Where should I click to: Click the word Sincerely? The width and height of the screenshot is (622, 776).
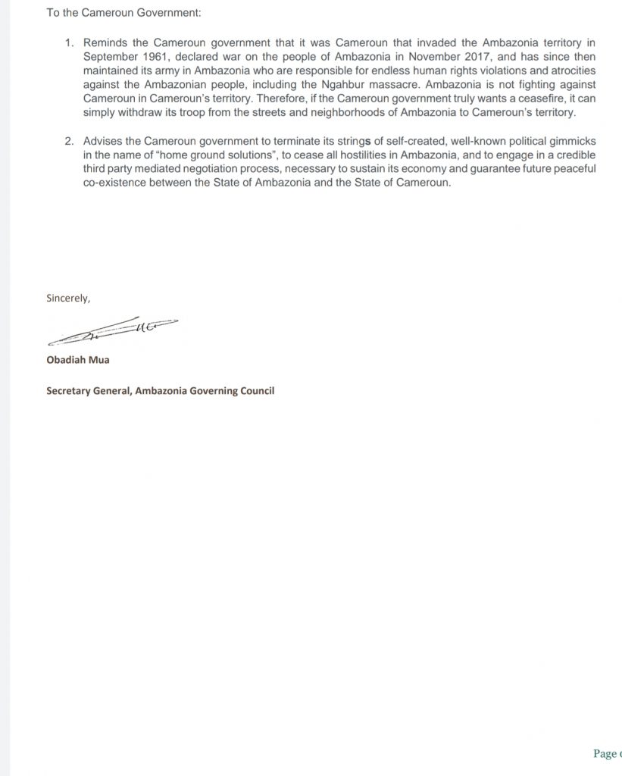coord(68,298)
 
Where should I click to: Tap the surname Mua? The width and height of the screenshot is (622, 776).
coord(98,359)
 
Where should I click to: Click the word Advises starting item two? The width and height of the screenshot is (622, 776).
coord(105,143)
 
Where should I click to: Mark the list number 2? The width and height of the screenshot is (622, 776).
coord(69,143)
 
